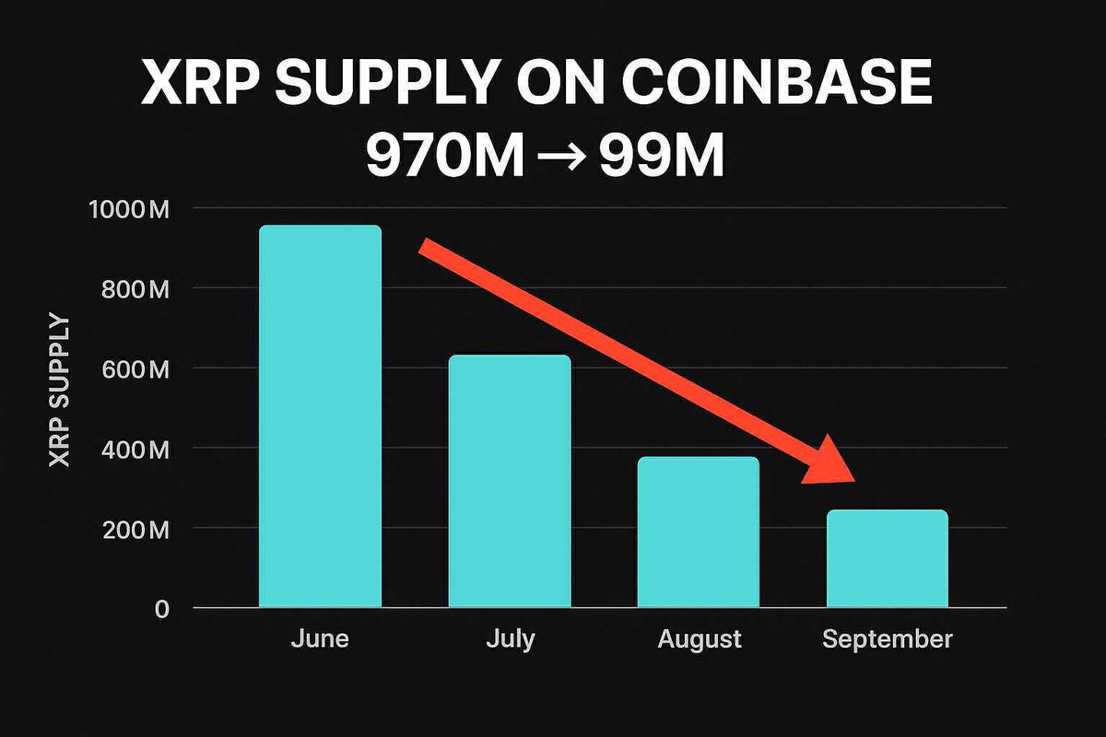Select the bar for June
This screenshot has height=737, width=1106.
tap(321, 416)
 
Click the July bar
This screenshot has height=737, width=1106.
tap(509, 481)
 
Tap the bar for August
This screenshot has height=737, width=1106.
tap(698, 532)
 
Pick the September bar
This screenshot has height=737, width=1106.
tap(887, 558)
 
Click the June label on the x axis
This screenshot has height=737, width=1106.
tap(320, 638)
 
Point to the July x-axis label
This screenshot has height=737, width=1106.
tap(510, 638)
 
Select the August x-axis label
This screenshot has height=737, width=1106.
tap(700, 638)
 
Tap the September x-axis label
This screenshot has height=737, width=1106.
tap(888, 638)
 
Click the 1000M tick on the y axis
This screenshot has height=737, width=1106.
tap(129, 209)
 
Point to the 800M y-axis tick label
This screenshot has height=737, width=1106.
tap(135, 289)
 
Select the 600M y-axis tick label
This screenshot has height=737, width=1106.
tap(135, 369)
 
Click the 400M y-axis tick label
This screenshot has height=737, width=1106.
tap(135, 450)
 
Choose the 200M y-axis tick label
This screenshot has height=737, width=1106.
tap(135, 530)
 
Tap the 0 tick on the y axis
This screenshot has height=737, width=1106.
tap(161, 609)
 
